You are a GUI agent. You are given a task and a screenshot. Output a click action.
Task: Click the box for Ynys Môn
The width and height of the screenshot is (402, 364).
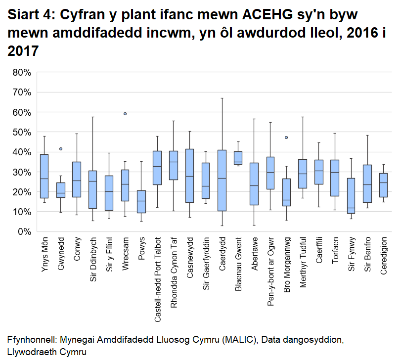pos(44,176)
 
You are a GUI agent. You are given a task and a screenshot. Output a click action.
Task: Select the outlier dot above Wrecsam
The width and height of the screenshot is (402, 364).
pos(125,114)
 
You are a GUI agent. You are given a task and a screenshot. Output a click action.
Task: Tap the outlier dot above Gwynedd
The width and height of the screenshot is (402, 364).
pos(61,149)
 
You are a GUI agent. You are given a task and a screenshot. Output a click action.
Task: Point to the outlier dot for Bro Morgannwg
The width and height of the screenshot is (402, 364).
pos(286,137)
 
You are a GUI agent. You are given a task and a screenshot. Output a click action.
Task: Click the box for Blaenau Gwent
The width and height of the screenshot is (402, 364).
pos(238,158)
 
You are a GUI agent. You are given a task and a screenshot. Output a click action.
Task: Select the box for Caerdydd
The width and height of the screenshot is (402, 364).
pos(222,181)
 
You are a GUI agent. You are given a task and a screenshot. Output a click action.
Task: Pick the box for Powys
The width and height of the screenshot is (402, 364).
pos(141,202)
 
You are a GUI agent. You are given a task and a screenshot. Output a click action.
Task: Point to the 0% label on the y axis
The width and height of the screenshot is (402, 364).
pos(24,231)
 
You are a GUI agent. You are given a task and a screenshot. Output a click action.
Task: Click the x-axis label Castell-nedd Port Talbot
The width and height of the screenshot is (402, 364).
pos(158,279)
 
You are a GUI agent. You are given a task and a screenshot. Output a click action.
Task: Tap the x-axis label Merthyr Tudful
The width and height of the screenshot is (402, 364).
pos(303,262)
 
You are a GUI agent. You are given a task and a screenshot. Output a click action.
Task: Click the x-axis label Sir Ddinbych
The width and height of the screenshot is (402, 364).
pos(93,260)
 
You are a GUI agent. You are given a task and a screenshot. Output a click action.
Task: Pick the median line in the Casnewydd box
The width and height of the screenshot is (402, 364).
pos(190,176)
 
